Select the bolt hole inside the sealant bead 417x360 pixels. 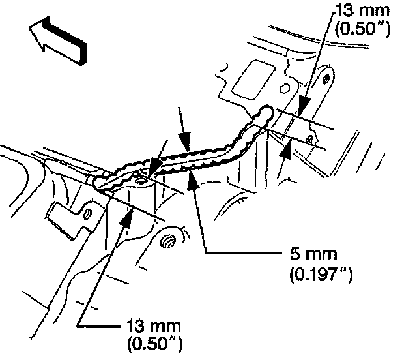pyautogui.click(x=141, y=179)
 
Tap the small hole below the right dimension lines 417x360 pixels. pyautogui.click(x=309, y=139)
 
